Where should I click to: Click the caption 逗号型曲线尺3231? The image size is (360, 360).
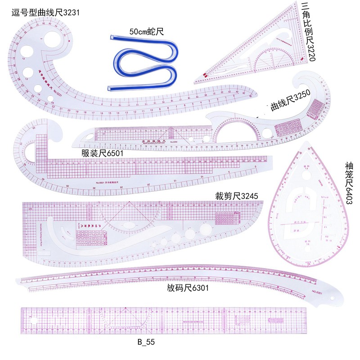pos(45,13)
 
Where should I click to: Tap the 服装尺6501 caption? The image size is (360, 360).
pos(102,153)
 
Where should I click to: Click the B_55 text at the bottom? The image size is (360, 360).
pos(146,342)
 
